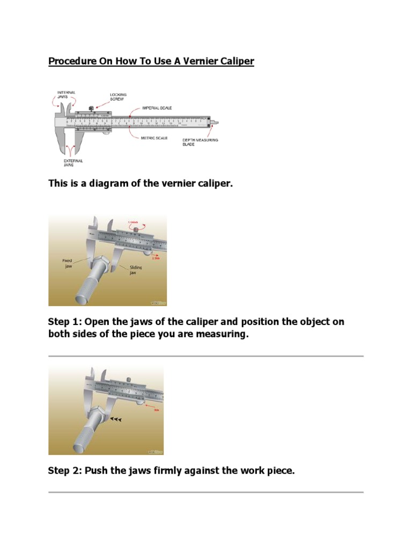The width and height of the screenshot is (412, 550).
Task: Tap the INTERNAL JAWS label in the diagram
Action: pos(67,95)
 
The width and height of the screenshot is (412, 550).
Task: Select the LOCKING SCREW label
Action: pos(119,97)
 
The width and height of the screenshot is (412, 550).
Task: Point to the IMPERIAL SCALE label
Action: pos(157,108)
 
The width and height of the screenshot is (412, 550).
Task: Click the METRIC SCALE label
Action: pos(153,138)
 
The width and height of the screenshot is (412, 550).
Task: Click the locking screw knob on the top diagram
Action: pos(91,109)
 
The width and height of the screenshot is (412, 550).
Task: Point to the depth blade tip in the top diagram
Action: pos(217,122)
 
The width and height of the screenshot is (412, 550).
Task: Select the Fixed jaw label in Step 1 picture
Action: pos(67,263)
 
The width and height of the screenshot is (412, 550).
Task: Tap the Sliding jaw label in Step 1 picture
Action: pos(136,270)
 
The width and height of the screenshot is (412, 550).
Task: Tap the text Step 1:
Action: pos(63,322)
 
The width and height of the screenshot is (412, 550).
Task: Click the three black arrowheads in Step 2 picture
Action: pos(116,419)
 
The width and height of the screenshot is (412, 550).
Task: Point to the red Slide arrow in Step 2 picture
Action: pos(156,407)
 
